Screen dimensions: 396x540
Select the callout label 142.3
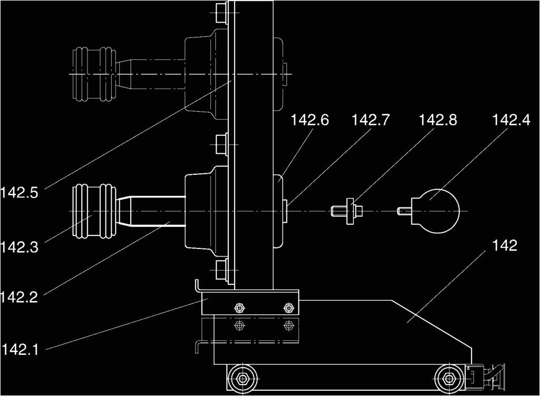tap(20, 246)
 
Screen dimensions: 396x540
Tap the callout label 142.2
tap(20, 297)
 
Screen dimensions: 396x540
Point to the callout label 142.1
tap(20, 349)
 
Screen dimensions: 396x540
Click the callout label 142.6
tap(310, 121)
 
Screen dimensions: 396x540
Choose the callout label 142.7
tap(371, 121)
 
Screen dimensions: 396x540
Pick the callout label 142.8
tap(438, 121)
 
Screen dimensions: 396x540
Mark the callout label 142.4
tap(511, 121)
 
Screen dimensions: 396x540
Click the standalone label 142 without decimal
tap(505, 245)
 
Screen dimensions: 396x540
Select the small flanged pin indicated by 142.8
tap(348, 211)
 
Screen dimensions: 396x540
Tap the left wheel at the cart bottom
tap(243, 378)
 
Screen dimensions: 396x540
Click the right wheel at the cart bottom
tap(449, 378)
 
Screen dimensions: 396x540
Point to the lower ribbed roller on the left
tap(93, 211)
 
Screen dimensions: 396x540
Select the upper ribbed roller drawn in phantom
tap(93, 74)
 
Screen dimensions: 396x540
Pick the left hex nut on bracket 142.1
tap(239, 307)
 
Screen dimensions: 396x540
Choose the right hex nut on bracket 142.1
tap(287, 307)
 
